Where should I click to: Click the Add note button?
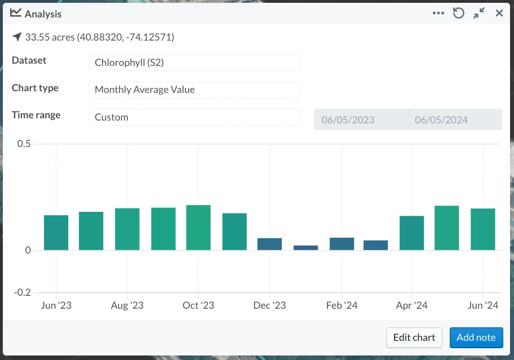point(476,337)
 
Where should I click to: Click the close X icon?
point(499,13)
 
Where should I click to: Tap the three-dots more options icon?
point(438,13)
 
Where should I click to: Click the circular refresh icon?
point(459,13)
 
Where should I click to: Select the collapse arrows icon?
point(479,13)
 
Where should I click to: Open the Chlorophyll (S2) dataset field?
point(194,63)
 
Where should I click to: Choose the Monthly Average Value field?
point(194,90)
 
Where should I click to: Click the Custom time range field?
point(194,117)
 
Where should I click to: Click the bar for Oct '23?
point(198,228)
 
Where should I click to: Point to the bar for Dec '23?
point(269,244)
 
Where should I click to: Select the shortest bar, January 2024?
point(306,248)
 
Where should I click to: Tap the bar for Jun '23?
point(56,233)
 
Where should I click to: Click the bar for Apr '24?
point(412,233)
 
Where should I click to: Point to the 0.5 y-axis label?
point(24,144)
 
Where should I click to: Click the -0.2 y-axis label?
point(23,292)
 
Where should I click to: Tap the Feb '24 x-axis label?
point(342,305)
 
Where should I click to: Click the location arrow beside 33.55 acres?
point(17,37)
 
